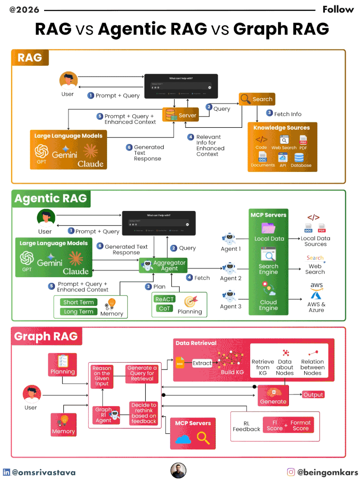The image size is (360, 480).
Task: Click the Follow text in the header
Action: click(x=338, y=9)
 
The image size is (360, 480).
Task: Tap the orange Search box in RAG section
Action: click(x=256, y=99)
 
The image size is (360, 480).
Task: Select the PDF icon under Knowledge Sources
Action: click(x=303, y=140)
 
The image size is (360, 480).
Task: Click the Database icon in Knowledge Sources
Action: click(x=299, y=158)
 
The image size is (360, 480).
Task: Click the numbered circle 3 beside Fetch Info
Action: click(x=270, y=113)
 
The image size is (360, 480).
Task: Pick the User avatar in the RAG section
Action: click(x=68, y=81)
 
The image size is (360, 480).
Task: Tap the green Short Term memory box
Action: click(x=78, y=302)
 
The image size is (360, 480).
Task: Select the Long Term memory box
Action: click(x=78, y=311)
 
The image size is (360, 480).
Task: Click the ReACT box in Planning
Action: click(x=164, y=299)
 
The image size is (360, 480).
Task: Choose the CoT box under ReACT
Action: click(x=164, y=309)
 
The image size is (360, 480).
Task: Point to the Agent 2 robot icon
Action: click(x=230, y=268)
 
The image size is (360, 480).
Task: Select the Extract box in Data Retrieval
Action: click(x=202, y=363)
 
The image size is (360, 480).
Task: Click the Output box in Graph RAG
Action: click(x=313, y=395)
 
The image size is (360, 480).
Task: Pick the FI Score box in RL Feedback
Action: click(x=274, y=426)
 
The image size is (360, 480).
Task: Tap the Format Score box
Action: click(x=300, y=426)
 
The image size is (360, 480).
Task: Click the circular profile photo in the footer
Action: click(x=179, y=471)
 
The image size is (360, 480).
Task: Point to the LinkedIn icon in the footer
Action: click(x=7, y=472)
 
